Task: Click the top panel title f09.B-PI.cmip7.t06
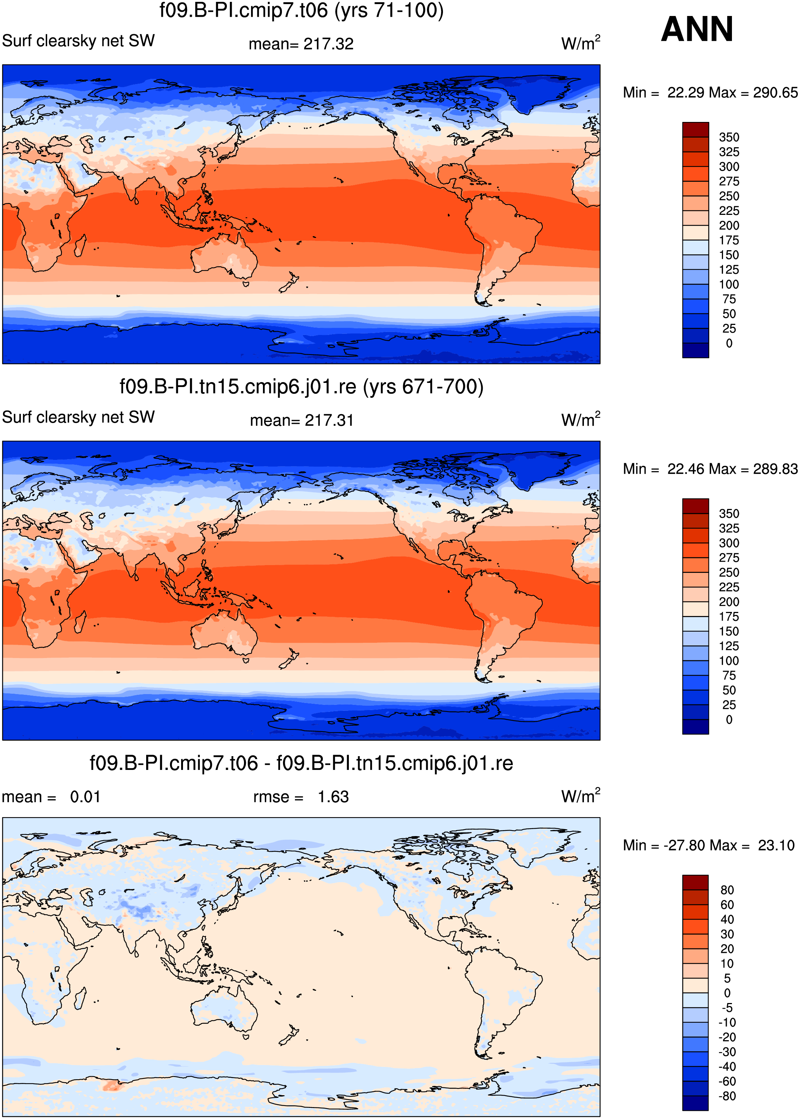pos(302,10)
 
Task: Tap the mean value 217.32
pos(328,44)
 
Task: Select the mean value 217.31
pos(329,420)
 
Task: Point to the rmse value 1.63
pos(333,797)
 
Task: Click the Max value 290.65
pos(775,93)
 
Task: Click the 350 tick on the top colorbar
pos(729,137)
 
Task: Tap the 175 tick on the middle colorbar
pos(729,616)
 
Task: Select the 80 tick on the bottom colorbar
pos(727,890)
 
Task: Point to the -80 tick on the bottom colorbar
pos(727,1096)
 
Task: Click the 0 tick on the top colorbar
pos(729,343)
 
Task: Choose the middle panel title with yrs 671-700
pos(302,387)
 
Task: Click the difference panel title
pos(302,763)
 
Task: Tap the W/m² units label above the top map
pos(581,43)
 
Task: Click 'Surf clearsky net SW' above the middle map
pos(78,417)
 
